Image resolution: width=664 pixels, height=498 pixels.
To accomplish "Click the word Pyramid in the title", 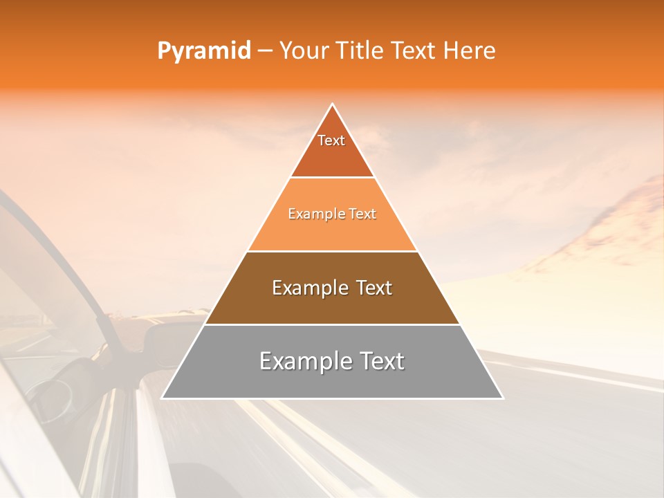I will (x=203, y=51).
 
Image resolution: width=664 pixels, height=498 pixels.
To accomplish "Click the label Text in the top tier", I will (x=331, y=140).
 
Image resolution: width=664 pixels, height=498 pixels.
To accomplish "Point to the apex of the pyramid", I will (x=333, y=104).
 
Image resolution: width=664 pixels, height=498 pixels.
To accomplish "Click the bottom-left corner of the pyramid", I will (x=163, y=398).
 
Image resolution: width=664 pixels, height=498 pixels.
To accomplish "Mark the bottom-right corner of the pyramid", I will (x=502, y=398).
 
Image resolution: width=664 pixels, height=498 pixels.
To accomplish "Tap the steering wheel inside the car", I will (x=52, y=394).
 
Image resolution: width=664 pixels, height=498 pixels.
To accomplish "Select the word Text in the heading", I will (x=415, y=51).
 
